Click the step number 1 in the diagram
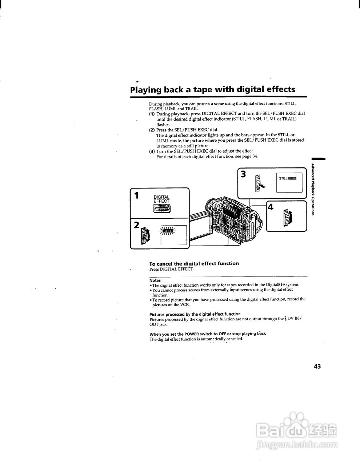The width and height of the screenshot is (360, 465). click(137, 195)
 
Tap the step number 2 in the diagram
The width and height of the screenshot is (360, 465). click(136, 225)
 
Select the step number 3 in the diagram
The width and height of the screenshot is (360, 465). click(243, 174)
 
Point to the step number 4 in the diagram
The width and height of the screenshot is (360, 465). click(271, 207)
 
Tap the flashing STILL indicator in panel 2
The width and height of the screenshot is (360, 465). click(168, 230)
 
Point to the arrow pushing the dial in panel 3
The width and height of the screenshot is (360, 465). click(261, 186)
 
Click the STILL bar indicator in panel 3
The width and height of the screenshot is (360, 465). click(288, 178)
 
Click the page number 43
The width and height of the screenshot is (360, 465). click(317, 366)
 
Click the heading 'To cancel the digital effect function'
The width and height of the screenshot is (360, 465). click(194, 263)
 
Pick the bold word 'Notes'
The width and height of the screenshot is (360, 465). click(155, 280)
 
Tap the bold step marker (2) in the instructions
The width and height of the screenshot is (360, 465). click(152, 130)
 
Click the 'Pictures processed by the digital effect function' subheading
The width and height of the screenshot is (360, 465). click(195, 314)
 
